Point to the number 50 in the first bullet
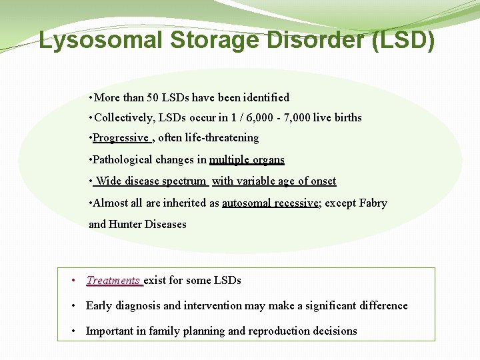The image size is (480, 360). tap(153, 97)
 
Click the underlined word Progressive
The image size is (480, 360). tap(121, 137)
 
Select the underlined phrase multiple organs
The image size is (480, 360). tap(247, 159)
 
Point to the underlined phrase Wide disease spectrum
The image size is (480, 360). tap(151, 181)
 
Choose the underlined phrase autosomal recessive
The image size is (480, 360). tap(270, 203)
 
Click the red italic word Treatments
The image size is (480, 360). tap(113, 281)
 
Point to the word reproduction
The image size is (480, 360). tap(279, 331)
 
